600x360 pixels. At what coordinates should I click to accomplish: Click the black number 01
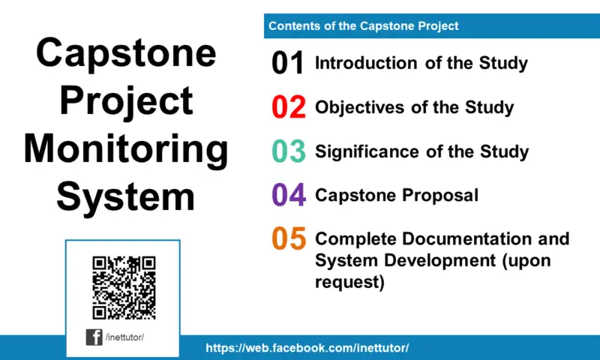288,64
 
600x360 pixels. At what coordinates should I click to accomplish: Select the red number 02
288,108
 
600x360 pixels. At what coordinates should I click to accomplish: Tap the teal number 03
288,151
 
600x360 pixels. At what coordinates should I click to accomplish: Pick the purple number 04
288,196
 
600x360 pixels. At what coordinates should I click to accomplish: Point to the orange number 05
288,239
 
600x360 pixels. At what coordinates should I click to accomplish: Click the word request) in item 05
349,283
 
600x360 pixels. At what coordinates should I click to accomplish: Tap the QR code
124,287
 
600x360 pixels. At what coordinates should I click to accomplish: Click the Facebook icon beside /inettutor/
94,337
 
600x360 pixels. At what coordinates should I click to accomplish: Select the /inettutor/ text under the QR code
125,337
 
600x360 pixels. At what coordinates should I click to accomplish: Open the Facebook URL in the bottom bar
307,348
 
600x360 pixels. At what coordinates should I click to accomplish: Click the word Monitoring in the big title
126,148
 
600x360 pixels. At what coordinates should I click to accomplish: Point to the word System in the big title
126,196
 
